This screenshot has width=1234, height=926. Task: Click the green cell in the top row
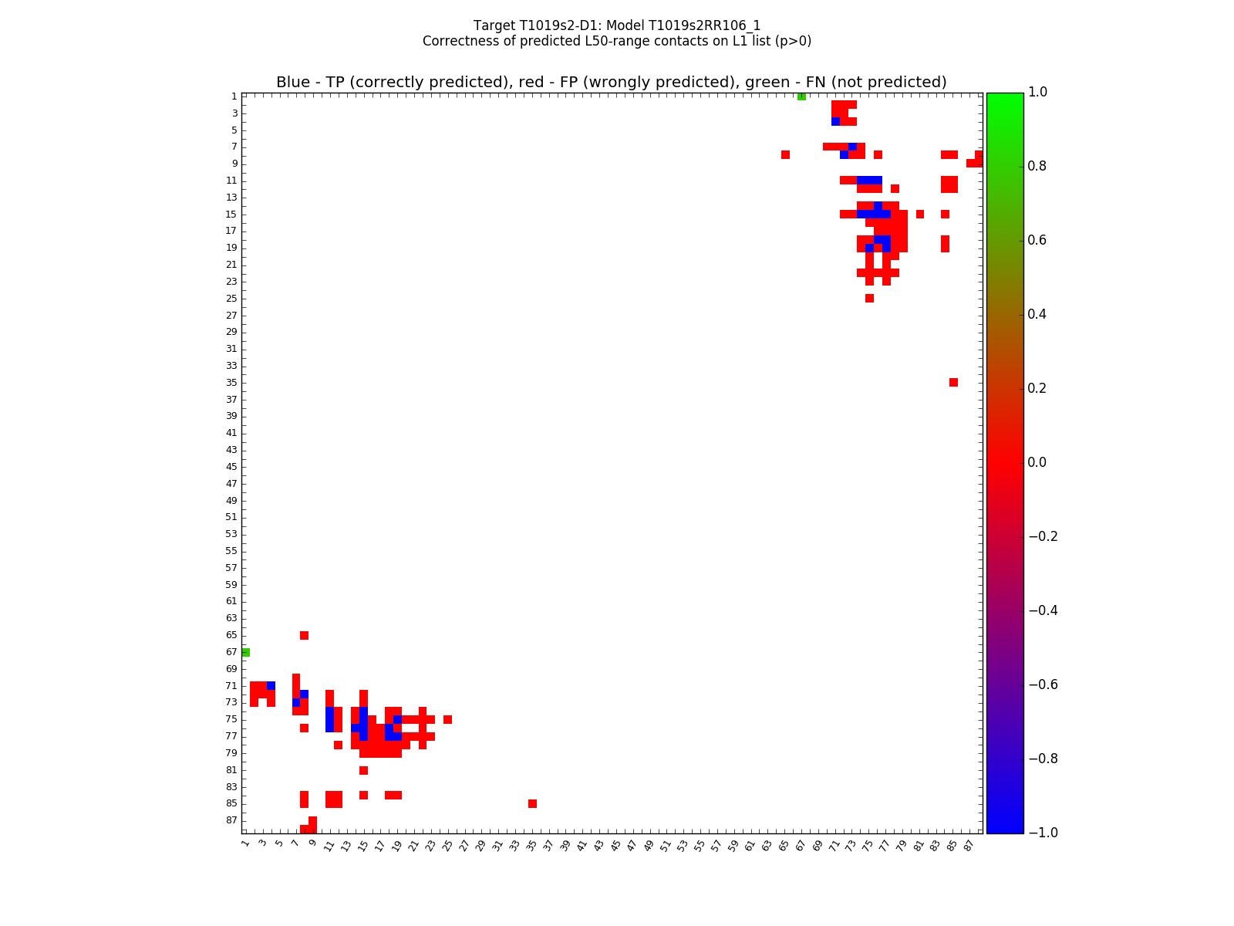tap(801, 96)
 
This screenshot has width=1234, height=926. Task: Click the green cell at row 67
tap(245, 652)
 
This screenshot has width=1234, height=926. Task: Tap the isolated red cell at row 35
tap(953, 383)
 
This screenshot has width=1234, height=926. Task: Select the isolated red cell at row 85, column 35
tap(532, 803)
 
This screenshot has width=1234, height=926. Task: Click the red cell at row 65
tap(304, 635)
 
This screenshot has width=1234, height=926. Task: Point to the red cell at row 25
tap(869, 299)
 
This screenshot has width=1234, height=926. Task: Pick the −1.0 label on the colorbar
tap(1043, 833)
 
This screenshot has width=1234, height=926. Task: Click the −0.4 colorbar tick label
tap(1043, 610)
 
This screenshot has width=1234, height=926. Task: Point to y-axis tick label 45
tap(231, 467)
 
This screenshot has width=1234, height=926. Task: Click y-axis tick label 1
tap(234, 96)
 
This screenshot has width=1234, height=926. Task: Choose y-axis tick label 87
tap(231, 820)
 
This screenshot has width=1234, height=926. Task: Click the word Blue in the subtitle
tap(293, 83)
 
